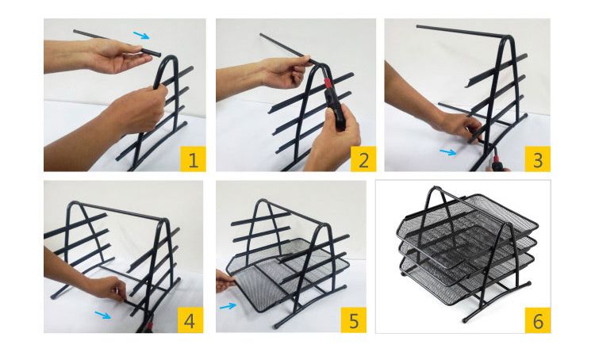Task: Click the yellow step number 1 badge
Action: tap(193, 159)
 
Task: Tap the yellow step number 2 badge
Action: tap(363, 159)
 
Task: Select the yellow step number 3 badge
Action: tap(537, 159)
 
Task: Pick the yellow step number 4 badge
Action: tap(190, 320)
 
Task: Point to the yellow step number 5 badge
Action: tap(354, 320)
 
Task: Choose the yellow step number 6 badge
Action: tap(538, 320)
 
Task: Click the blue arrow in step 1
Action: tap(141, 35)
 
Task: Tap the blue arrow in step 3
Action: tap(447, 152)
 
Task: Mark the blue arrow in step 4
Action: tap(103, 315)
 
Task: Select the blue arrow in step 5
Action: tap(228, 306)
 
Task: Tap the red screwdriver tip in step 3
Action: tap(495, 155)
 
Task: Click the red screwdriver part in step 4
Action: tap(151, 325)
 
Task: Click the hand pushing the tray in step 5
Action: tap(225, 281)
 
